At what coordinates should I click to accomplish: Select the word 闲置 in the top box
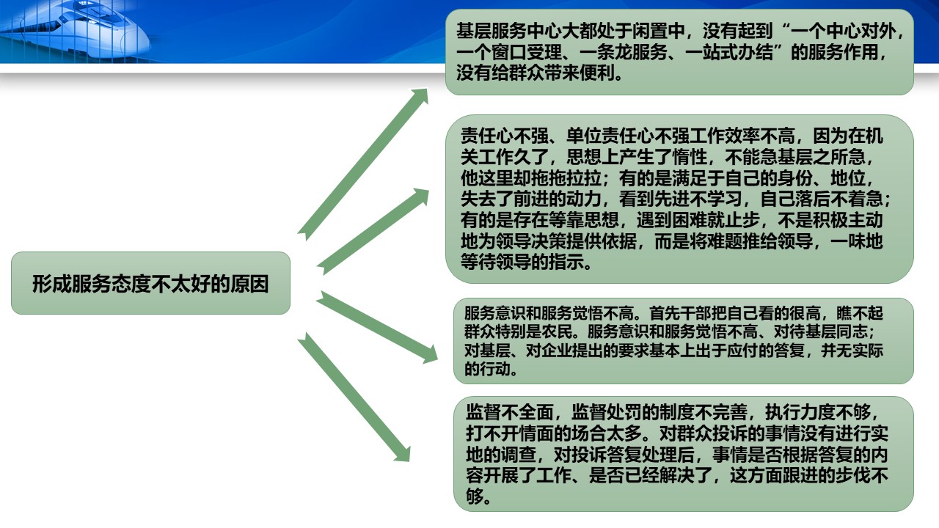[650, 31]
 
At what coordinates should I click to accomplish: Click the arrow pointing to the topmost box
[363, 164]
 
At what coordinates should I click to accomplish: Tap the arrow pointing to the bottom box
[354, 397]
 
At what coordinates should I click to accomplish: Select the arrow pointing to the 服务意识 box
[377, 327]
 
